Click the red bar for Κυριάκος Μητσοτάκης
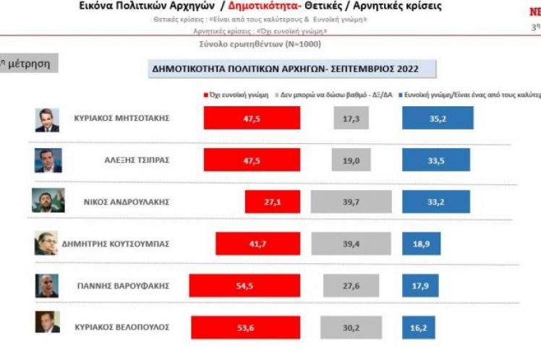pos(252,118)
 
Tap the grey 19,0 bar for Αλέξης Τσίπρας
pos(355,160)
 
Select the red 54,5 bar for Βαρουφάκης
pos(244,286)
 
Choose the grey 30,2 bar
pos(350,326)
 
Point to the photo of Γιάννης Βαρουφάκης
pos(47,286)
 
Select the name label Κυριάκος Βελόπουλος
pos(122,327)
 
